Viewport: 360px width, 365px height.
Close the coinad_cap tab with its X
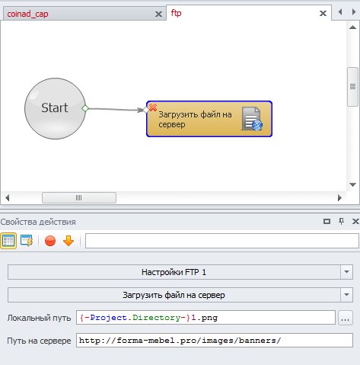(x=158, y=14)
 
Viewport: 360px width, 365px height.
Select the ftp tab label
(x=176, y=13)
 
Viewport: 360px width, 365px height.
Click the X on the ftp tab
(x=323, y=13)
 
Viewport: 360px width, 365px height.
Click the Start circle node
(x=55, y=108)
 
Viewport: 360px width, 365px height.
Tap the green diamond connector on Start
(x=85, y=108)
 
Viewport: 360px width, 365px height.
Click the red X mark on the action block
(x=153, y=107)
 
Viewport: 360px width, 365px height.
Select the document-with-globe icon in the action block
(x=252, y=119)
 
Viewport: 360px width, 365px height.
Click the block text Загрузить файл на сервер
(x=195, y=120)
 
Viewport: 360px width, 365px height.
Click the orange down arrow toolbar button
(x=68, y=241)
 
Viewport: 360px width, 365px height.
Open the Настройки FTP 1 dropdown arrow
(x=346, y=272)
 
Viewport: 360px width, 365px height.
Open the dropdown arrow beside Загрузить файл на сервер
(x=346, y=295)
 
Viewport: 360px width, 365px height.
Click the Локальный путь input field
(x=205, y=318)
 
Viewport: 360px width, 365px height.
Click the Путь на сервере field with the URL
(x=215, y=341)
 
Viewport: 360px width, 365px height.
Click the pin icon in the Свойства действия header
(x=342, y=221)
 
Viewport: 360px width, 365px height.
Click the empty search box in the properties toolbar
(x=222, y=241)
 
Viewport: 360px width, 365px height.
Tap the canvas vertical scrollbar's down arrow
(x=352, y=184)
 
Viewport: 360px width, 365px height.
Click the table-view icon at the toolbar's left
(x=8, y=241)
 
